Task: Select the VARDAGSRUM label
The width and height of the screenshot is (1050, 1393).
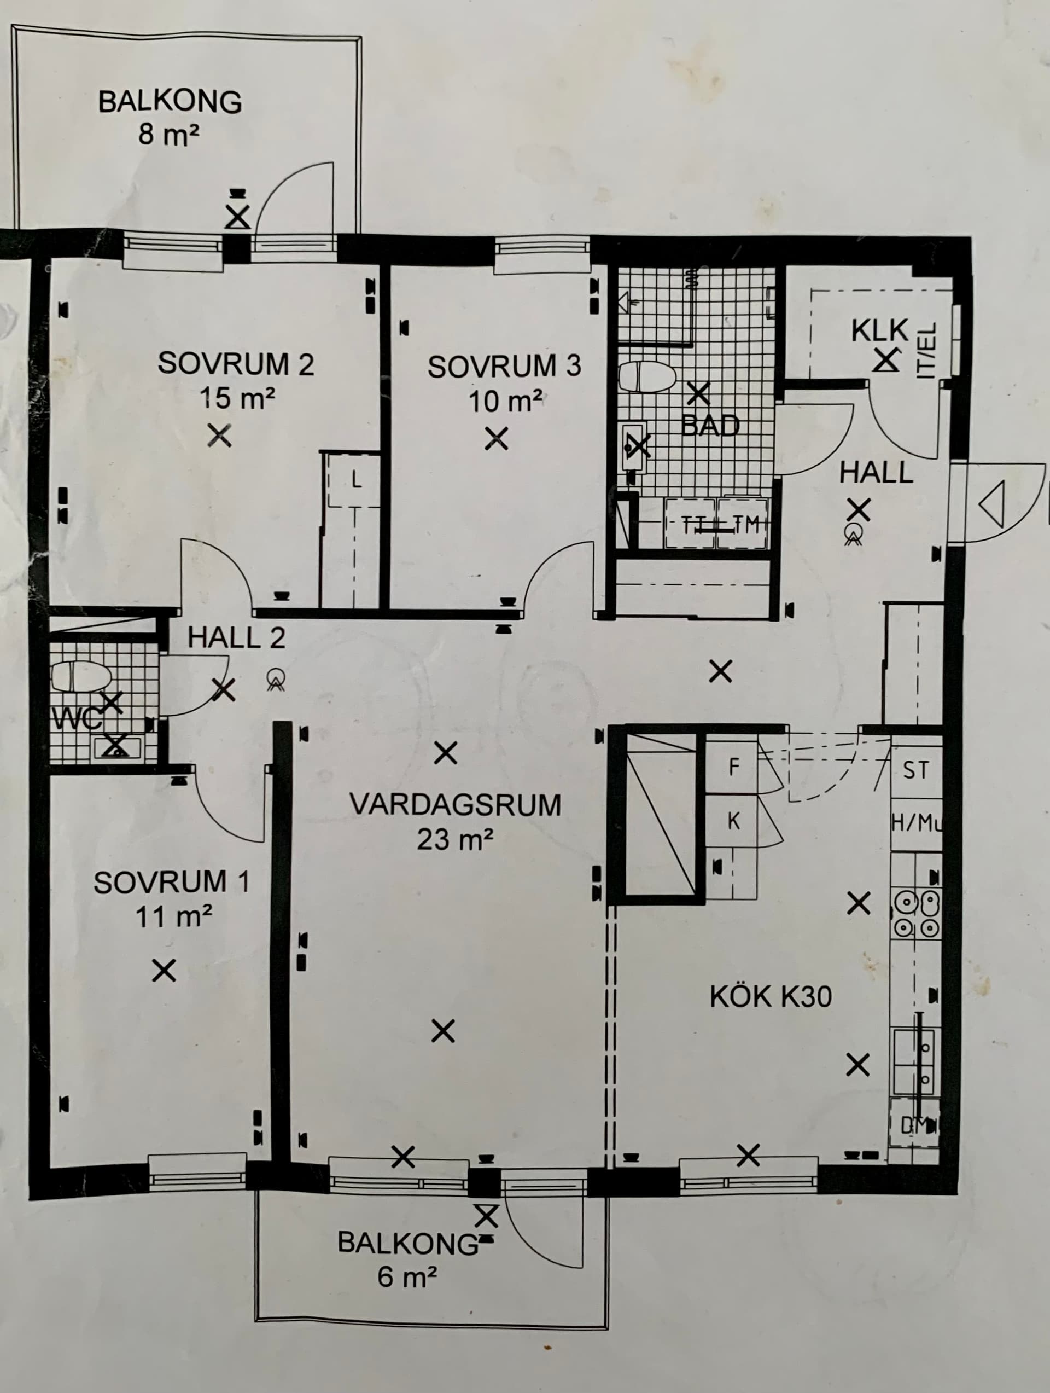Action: (455, 805)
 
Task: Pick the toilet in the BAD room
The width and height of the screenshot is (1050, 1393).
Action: (647, 377)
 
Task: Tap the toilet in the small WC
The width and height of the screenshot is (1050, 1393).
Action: (80, 677)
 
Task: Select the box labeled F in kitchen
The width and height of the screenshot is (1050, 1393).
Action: (733, 767)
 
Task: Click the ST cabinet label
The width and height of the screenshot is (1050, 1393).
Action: (915, 770)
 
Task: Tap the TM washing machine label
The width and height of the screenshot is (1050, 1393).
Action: (746, 524)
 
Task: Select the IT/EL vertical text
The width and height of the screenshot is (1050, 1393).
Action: (929, 350)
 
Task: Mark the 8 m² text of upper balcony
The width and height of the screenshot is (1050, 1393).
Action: (168, 135)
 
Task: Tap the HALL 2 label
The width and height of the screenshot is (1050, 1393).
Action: (236, 639)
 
